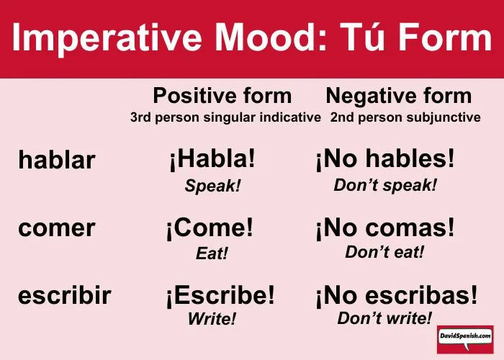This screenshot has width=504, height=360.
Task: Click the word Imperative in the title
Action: pos(107,39)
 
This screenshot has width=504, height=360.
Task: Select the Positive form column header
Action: pos(222,96)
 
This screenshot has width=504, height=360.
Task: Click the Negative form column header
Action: pos(399,96)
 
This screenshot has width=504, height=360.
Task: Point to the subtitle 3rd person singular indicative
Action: pos(225,117)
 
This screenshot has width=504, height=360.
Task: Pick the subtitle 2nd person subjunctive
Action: pos(405,117)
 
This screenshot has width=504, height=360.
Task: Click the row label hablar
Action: pos(57,159)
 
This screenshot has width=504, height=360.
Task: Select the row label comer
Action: pos(57,228)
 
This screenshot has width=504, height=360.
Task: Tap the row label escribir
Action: pos(65,295)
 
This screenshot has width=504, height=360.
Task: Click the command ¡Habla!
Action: pos(212,159)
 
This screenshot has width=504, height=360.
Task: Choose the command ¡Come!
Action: pos(210,228)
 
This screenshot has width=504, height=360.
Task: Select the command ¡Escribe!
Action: pos(220,295)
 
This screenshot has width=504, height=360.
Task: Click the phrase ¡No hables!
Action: pos(385,159)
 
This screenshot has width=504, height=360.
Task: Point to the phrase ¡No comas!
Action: pos(385,228)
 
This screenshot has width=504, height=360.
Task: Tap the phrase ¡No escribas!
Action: pos(397,295)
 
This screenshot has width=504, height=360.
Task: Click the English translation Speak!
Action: pos(212,186)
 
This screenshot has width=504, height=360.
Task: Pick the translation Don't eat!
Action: pos(384,252)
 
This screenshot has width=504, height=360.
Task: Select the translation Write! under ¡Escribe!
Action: pos(212,318)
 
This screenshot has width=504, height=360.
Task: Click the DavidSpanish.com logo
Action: pos(465,339)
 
